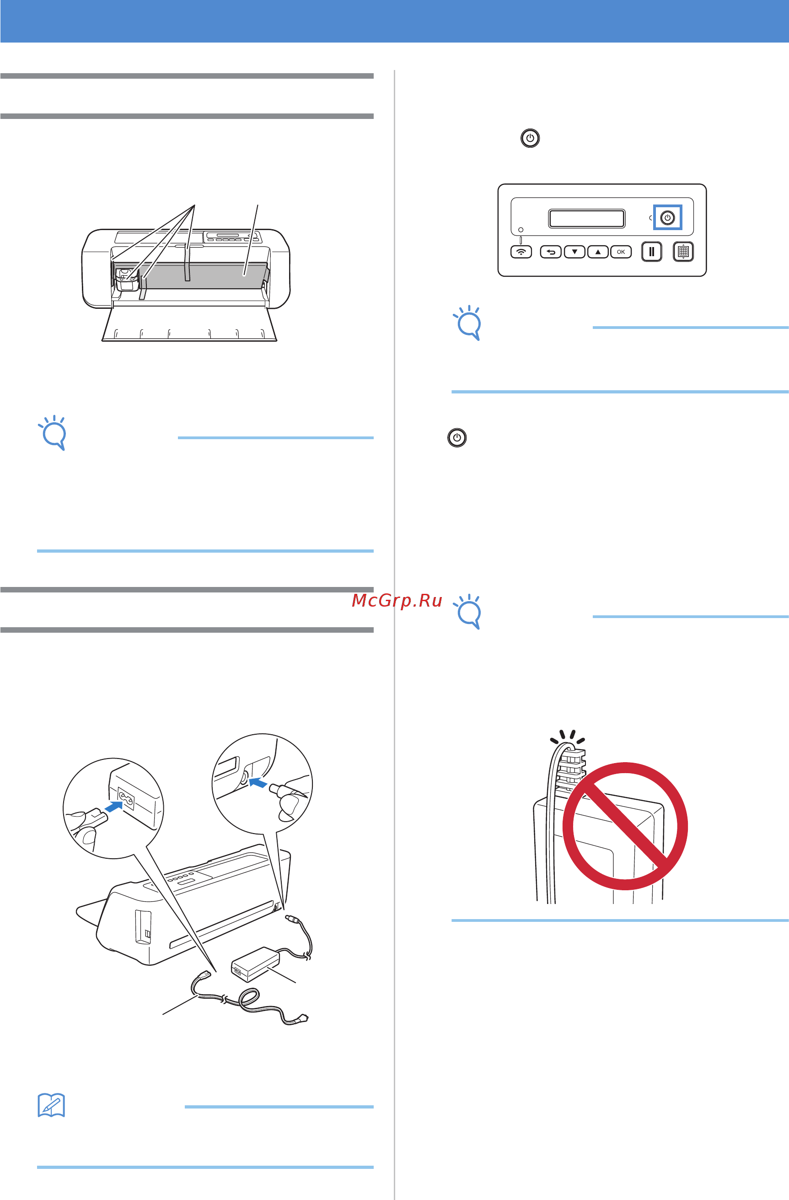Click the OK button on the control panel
coord(621,252)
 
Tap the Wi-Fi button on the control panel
coord(521,252)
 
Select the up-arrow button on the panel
coord(597,252)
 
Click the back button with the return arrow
coord(551,252)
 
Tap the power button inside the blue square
coord(667,218)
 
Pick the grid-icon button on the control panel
coord(683,252)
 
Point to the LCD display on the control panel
coord(587,219)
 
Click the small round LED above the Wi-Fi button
coord(521,230)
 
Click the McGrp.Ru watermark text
coord(397,601)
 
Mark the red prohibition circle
coord(625,826)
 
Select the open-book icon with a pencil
coord(51,1105)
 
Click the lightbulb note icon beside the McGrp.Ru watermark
coord(467,612)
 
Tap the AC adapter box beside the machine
coord(255,964)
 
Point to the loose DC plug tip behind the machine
coord(291,918)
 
